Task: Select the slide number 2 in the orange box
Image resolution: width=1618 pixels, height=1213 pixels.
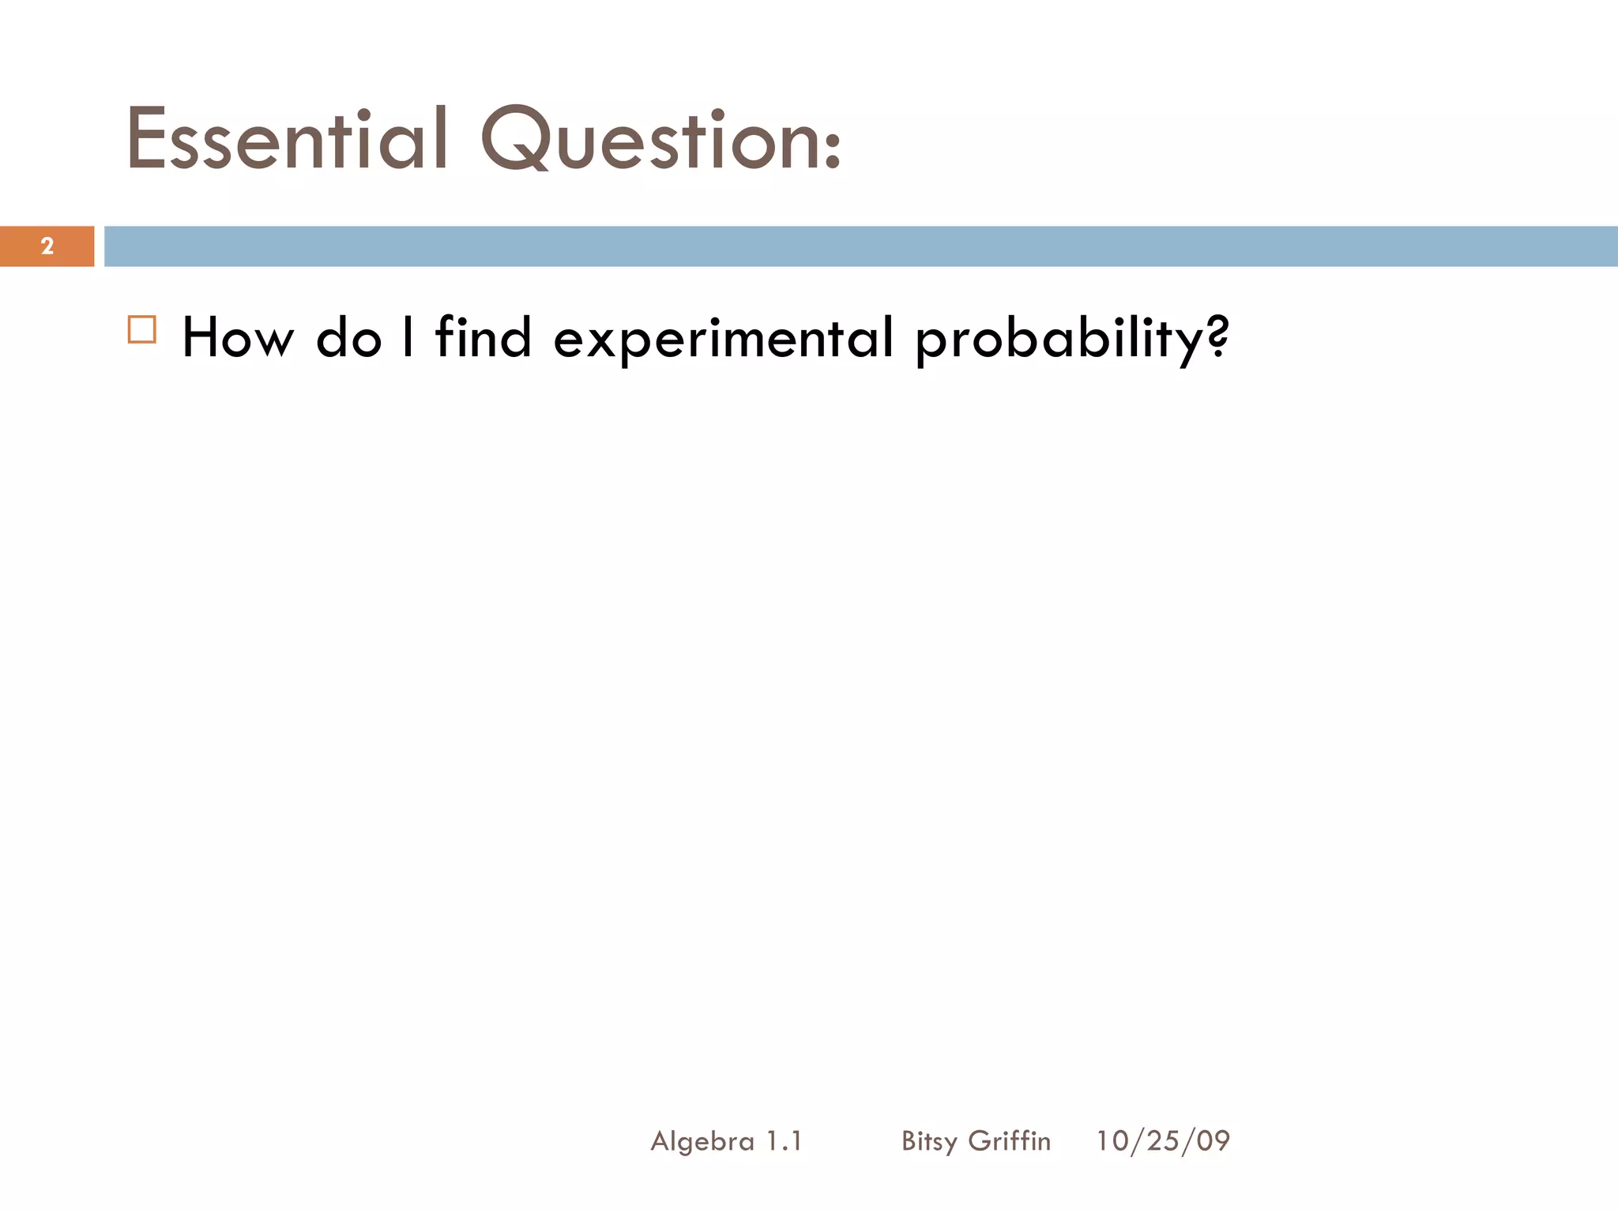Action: pos(47,246)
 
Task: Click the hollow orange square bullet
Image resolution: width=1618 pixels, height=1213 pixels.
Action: pos(142,329)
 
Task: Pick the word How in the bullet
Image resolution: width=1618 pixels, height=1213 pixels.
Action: pos(238,338)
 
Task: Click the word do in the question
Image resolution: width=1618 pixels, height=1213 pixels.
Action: pos(348,338)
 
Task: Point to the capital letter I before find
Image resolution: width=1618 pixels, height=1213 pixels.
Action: pos(408,338)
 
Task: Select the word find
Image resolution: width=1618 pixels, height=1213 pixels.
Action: pos(484,338)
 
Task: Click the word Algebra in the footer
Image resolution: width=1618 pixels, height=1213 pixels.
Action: pos(702,1141)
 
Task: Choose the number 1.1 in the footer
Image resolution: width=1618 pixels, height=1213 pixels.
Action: pos(784,1141)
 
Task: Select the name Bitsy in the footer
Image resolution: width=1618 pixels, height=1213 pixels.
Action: pos(929,1141)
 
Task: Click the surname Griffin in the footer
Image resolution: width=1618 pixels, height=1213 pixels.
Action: pos(1010,1141)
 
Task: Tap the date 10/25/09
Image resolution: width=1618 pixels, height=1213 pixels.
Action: pos(1163,1141)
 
